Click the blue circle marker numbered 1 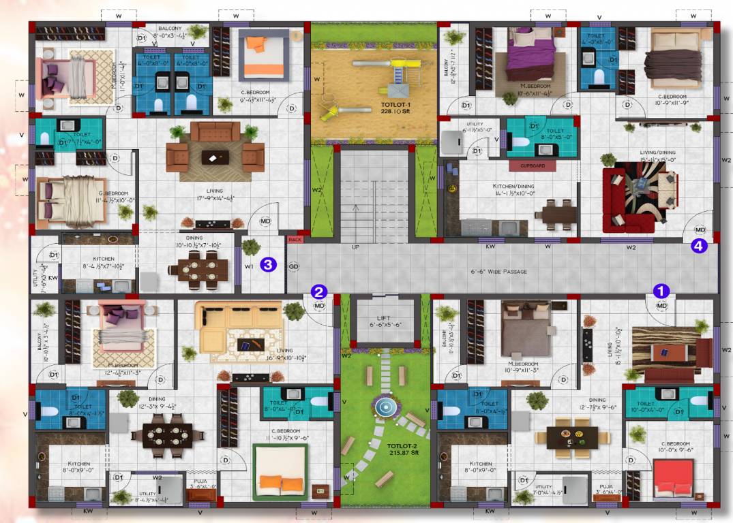click(661, 289)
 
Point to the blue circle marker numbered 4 click(700, 247)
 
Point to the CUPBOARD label click(532, 165)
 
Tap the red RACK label click(295, 239)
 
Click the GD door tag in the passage click(294, 266)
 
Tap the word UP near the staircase click(355, 247)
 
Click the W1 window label click(249, 266)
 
